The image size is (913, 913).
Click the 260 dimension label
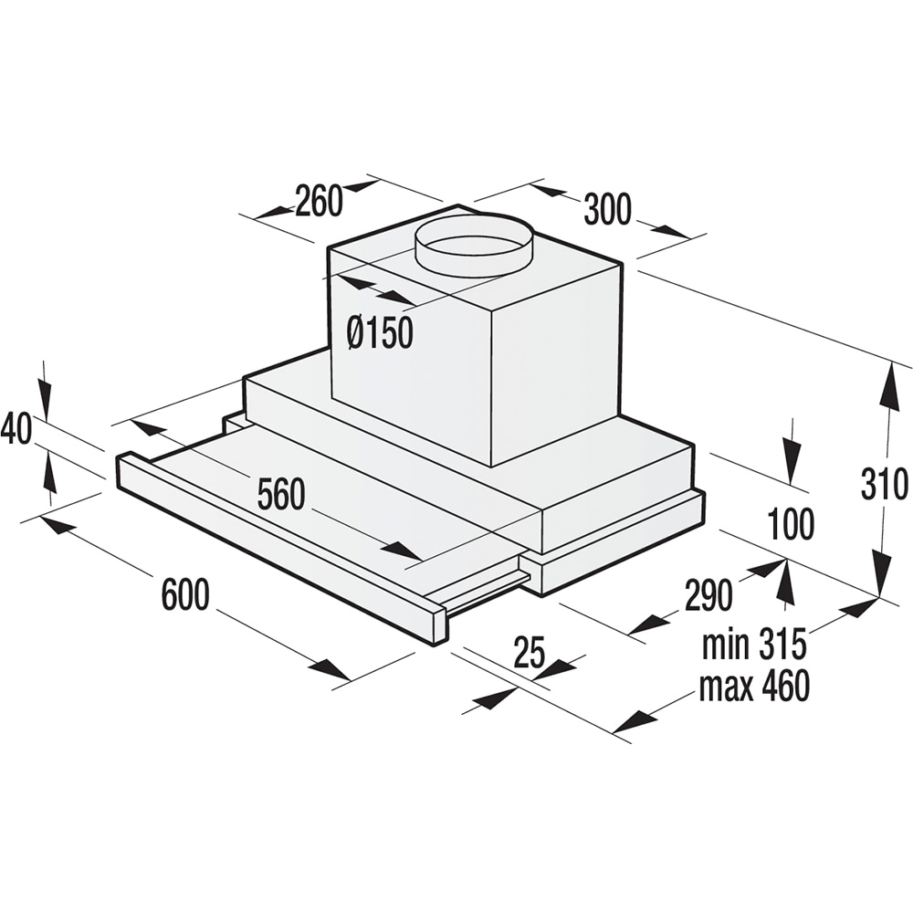point(319,201)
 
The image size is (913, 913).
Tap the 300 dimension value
point(607,210)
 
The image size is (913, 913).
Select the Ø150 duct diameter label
point(380,333)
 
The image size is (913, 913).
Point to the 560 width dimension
point(281,494)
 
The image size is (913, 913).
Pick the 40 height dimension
point(16,428)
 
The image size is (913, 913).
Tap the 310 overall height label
point(885,484)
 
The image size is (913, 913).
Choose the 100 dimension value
point(791,523)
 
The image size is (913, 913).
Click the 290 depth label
point(708,595)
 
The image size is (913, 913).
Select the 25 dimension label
point(530,652)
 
